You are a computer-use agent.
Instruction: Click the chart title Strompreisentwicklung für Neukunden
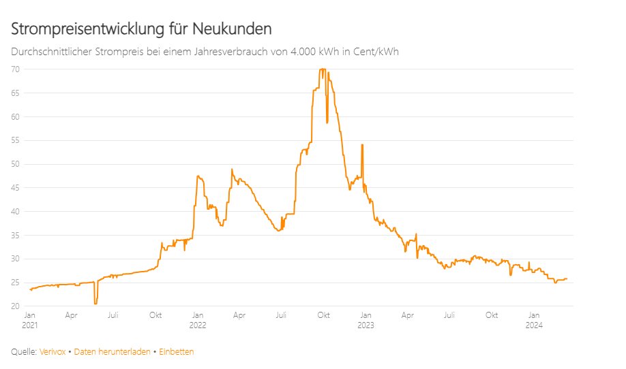pyautogui.click(x=141, y=29)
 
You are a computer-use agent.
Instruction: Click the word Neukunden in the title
pyautogui.click(x=232, y=29)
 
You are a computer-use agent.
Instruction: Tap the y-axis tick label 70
pyautogui.click(x=15, y=69)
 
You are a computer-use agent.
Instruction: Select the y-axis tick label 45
pyautogui.click(x=15, y=188)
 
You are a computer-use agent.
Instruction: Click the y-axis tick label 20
pyautogui.click(x=15, y=306)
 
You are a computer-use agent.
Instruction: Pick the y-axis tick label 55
pyautogui.click(x=15, y=140)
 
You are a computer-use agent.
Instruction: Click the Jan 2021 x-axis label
pyautogui.click(x=29, y=320)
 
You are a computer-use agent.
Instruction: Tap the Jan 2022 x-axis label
pyautogui.click(x=198, y=320)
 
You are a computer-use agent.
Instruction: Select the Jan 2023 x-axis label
pyautogui.click(x=366, y=320)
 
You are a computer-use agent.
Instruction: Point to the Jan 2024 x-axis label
pyautogui.click(x=534, y=320)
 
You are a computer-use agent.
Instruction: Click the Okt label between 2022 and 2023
pyautogui.click(x=323, y=315)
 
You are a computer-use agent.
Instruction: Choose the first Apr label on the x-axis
pyautogui.click(x=71, y=315)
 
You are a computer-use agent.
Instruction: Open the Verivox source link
pyautogui.click(x=53, y=352)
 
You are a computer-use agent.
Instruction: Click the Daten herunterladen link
pyautogui.click(x=113, y=352)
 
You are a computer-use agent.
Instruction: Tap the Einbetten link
pyautogui.click(x=177, y=352)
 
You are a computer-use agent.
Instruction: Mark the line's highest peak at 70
pyautogui.click(x=323, y=69)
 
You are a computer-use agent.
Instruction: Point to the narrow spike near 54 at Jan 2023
pyautogui.click(x=362, y=144)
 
